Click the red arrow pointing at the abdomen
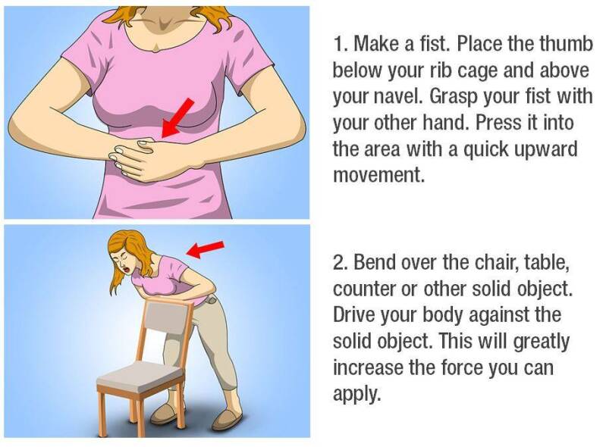[x=177, y=117]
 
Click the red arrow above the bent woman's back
[x=206, y=249]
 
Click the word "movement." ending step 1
[x=378, y=175]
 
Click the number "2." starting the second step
[x=341, y=262]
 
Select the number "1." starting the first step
[x=341, y=44]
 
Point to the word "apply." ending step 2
[x=357, y=395]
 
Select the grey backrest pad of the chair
[x=168, y=317]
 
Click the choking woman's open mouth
[x=127, y=267]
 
